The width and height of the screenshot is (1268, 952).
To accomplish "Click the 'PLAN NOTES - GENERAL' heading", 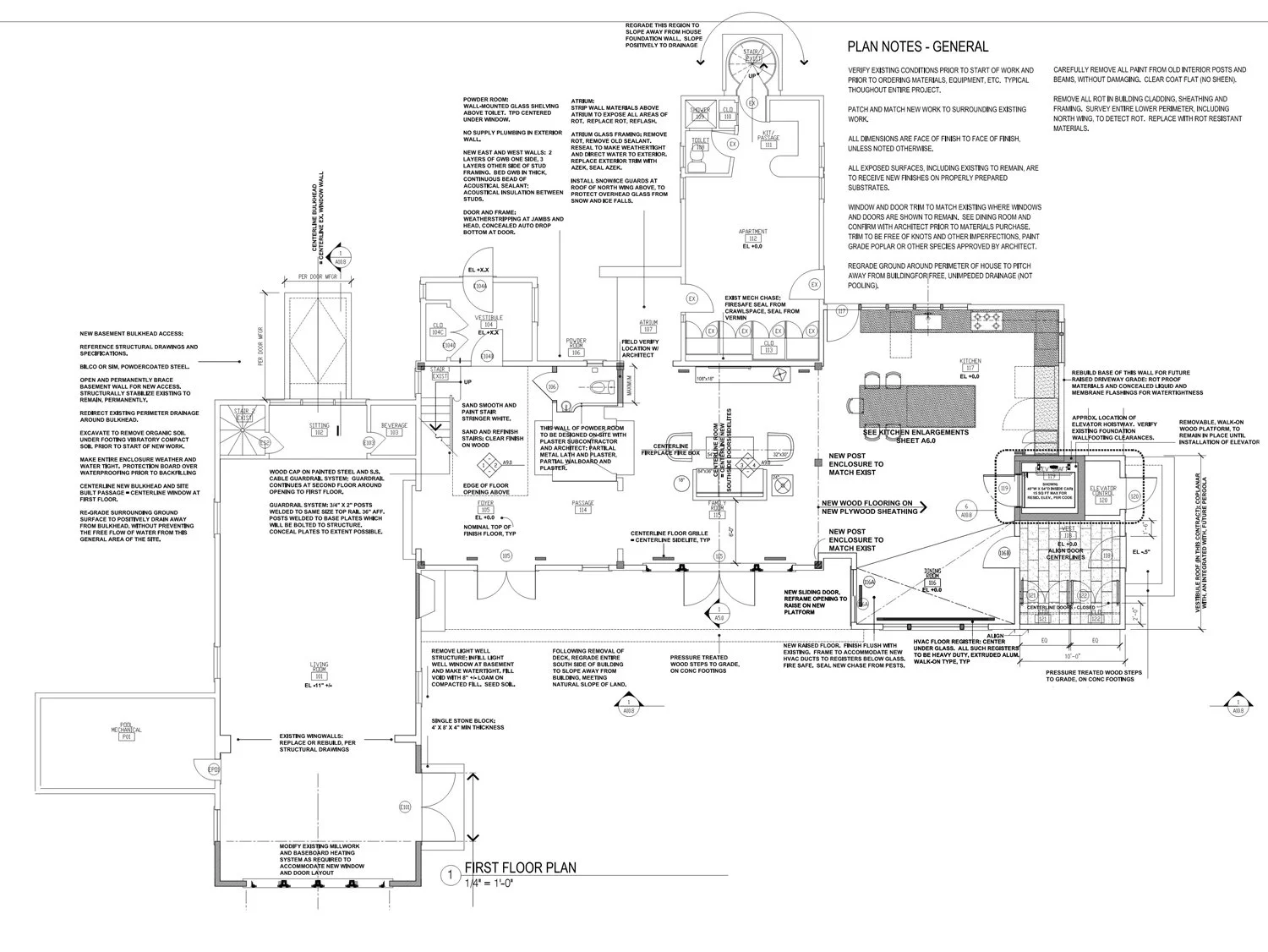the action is pos(917,47).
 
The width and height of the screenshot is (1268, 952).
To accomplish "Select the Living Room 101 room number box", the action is pos(320,677).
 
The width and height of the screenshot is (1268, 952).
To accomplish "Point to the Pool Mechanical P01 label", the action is pos(125,737).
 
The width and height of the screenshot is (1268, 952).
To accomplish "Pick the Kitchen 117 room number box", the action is pos(970,368).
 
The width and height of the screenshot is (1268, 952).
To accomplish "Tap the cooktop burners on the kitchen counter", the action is pos(986,320).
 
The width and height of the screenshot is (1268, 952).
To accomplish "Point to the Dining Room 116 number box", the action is pos(933,583).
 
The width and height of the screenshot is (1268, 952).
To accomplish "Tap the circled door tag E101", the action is pos(405,807).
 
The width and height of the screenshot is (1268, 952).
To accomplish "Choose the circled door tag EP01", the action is pos(214,769).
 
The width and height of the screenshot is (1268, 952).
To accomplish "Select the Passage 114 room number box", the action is pos(582,511).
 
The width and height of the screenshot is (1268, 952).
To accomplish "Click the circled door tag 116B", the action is pos(1004,553).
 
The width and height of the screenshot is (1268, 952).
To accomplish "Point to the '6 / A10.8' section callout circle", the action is pos(965,509).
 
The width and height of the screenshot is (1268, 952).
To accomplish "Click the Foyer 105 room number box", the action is pos(485,510).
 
